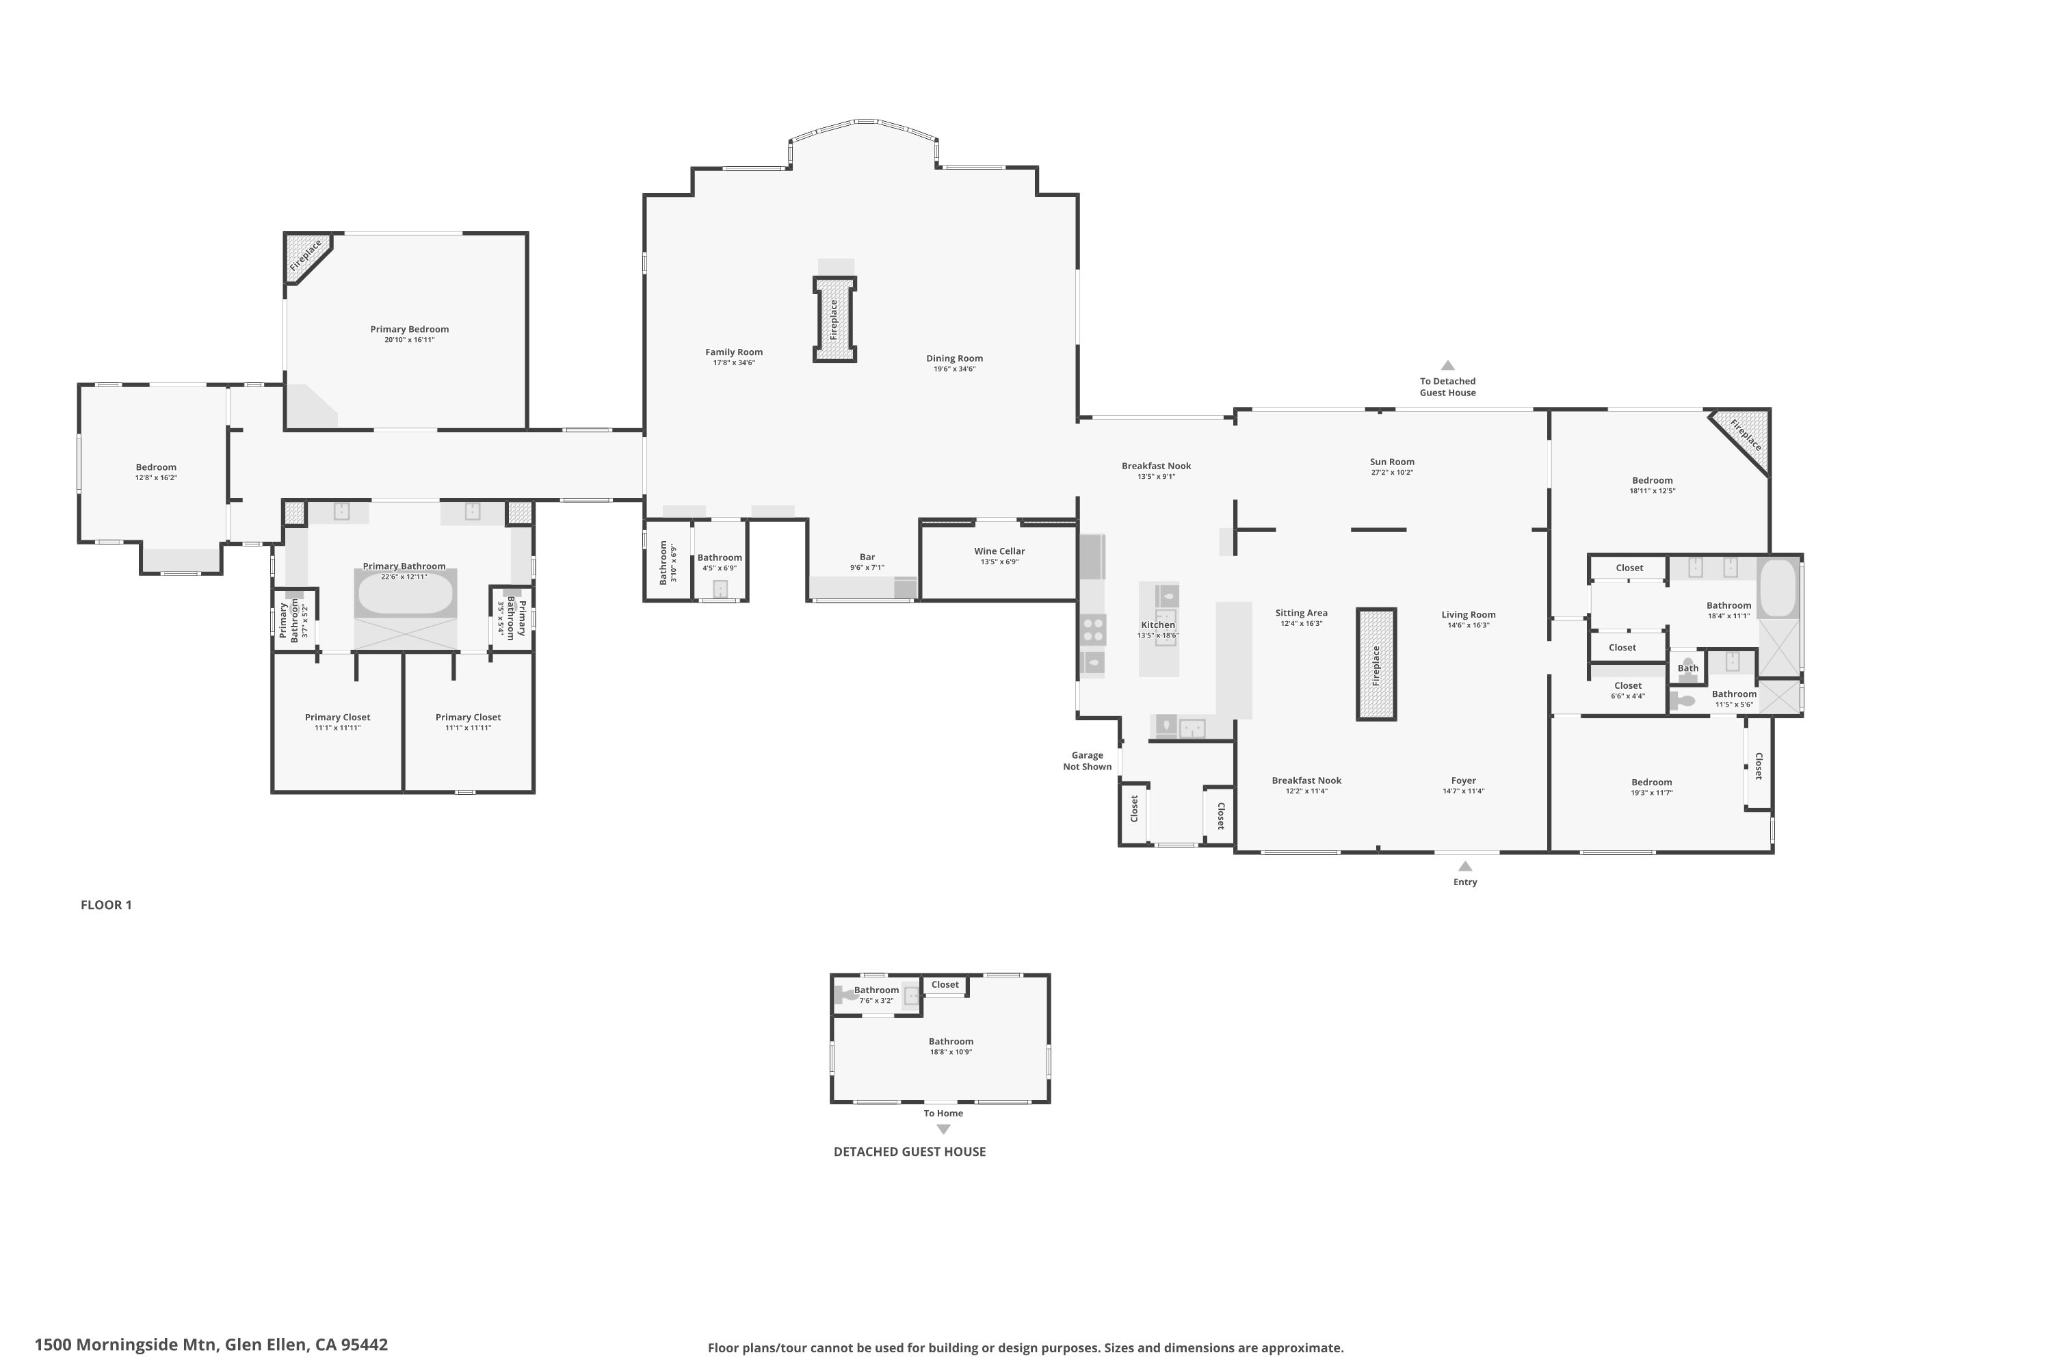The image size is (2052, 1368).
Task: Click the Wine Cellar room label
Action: pos(999,551)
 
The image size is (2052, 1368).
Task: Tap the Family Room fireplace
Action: pos(834,319)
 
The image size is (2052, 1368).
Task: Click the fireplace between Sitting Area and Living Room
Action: pos(1376,664)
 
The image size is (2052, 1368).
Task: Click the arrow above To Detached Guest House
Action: pos(1447,365)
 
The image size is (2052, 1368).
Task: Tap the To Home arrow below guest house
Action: pos(943,1129)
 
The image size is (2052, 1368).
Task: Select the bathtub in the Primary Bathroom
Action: pos(405,593)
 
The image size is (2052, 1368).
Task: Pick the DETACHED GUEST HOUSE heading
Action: pos(909,1152)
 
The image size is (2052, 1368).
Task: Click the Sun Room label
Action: pos(1391,462)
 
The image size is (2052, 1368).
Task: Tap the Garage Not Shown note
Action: pos(1087,761)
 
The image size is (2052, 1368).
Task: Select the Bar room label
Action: pos(867,557)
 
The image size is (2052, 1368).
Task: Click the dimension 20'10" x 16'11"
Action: pos(409,340)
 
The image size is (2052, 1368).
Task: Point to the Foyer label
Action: pos(1463,781)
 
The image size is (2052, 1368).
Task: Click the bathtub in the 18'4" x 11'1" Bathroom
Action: pos(1777,588)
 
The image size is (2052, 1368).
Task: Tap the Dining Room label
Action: pos(953,358)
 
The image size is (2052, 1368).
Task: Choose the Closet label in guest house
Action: pos(945,984)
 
